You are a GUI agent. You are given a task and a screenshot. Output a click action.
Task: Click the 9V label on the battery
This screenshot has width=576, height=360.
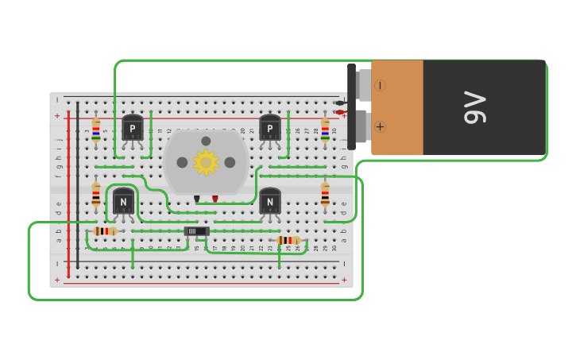(474, 107)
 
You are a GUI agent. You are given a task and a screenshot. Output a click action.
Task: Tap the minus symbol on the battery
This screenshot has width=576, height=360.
(380, 85)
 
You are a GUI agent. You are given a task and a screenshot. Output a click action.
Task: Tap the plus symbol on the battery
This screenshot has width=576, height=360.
(380, 126)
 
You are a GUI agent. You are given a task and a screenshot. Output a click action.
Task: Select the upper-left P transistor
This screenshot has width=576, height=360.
(133, 127)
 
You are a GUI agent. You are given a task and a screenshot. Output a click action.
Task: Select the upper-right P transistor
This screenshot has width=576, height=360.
(270, 127)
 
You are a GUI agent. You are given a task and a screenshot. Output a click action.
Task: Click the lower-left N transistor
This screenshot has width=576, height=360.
(123, 201)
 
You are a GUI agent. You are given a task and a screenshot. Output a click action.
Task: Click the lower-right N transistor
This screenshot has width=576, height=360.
(270, 201)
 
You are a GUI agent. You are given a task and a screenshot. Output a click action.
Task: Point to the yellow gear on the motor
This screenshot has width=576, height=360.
(206, 162)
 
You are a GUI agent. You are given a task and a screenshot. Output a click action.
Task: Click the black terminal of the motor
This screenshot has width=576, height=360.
(196, 199)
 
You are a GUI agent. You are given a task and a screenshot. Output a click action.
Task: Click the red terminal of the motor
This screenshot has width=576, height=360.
(215, 199)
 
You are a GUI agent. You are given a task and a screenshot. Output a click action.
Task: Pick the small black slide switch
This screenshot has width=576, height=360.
(196, 231)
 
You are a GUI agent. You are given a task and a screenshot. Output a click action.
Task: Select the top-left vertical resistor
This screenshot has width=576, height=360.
(96, 130)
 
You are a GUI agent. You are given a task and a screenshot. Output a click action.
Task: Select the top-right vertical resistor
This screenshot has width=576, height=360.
(325, 130)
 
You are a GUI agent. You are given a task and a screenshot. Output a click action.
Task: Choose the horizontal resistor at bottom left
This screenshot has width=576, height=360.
(105, 231)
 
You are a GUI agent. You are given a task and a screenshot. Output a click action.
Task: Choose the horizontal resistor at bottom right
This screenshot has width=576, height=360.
(288, 240)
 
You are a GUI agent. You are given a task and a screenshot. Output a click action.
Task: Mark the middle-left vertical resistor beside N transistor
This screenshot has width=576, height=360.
(96, 194)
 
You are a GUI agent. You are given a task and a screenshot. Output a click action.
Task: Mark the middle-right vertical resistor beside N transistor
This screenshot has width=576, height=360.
(325, 194)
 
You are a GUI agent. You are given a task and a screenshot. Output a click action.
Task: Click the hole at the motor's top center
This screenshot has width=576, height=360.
(206, 141)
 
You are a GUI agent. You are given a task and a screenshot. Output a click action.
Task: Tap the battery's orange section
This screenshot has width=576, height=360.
(397, 107)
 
